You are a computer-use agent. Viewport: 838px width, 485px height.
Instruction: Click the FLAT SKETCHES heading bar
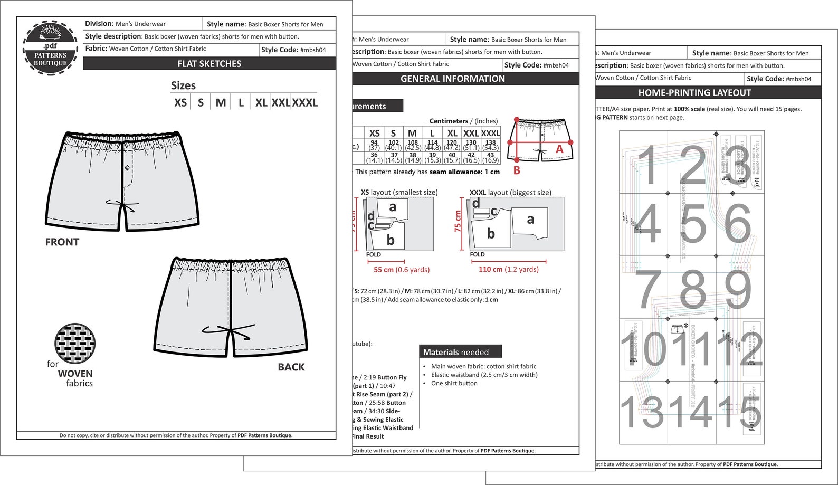[209, 64]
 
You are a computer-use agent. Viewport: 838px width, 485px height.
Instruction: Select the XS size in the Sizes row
[180, 102]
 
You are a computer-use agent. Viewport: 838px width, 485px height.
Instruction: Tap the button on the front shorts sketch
[127, 168]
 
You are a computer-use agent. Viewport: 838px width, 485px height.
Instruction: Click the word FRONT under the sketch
[62, 242]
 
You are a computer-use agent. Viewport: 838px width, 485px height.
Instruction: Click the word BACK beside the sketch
[291, 367]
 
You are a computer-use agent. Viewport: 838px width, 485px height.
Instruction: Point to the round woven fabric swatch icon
[75, 344]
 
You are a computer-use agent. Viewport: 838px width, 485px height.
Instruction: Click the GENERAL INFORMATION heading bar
[452, 79]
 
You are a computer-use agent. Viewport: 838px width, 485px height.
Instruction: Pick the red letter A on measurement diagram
[559, 150]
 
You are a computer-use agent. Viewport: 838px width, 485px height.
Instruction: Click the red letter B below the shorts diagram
[517, 170]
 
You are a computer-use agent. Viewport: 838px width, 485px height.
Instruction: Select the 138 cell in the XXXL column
[490, 142]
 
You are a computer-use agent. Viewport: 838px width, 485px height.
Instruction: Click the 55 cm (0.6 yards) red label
[402, 270]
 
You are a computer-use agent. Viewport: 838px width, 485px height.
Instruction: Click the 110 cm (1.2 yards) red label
[508, 269]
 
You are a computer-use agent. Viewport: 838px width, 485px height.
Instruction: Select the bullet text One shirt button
[454, 383]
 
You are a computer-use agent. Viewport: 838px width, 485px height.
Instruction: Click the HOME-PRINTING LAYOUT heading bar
[694, 93]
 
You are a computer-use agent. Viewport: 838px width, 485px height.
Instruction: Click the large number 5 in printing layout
[692, 224]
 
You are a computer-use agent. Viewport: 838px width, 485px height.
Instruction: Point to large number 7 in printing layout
[649, 289]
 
